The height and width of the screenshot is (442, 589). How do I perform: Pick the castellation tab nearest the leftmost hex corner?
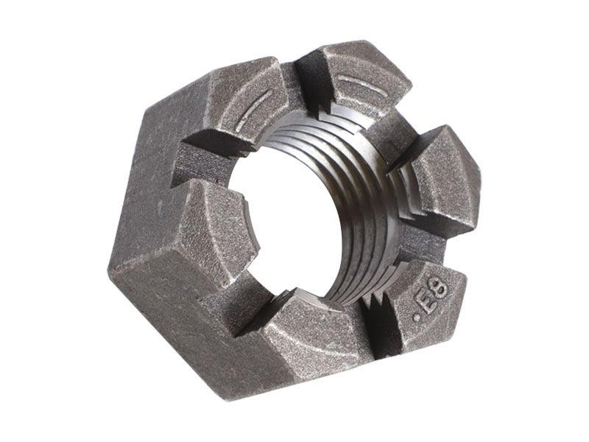214,236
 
